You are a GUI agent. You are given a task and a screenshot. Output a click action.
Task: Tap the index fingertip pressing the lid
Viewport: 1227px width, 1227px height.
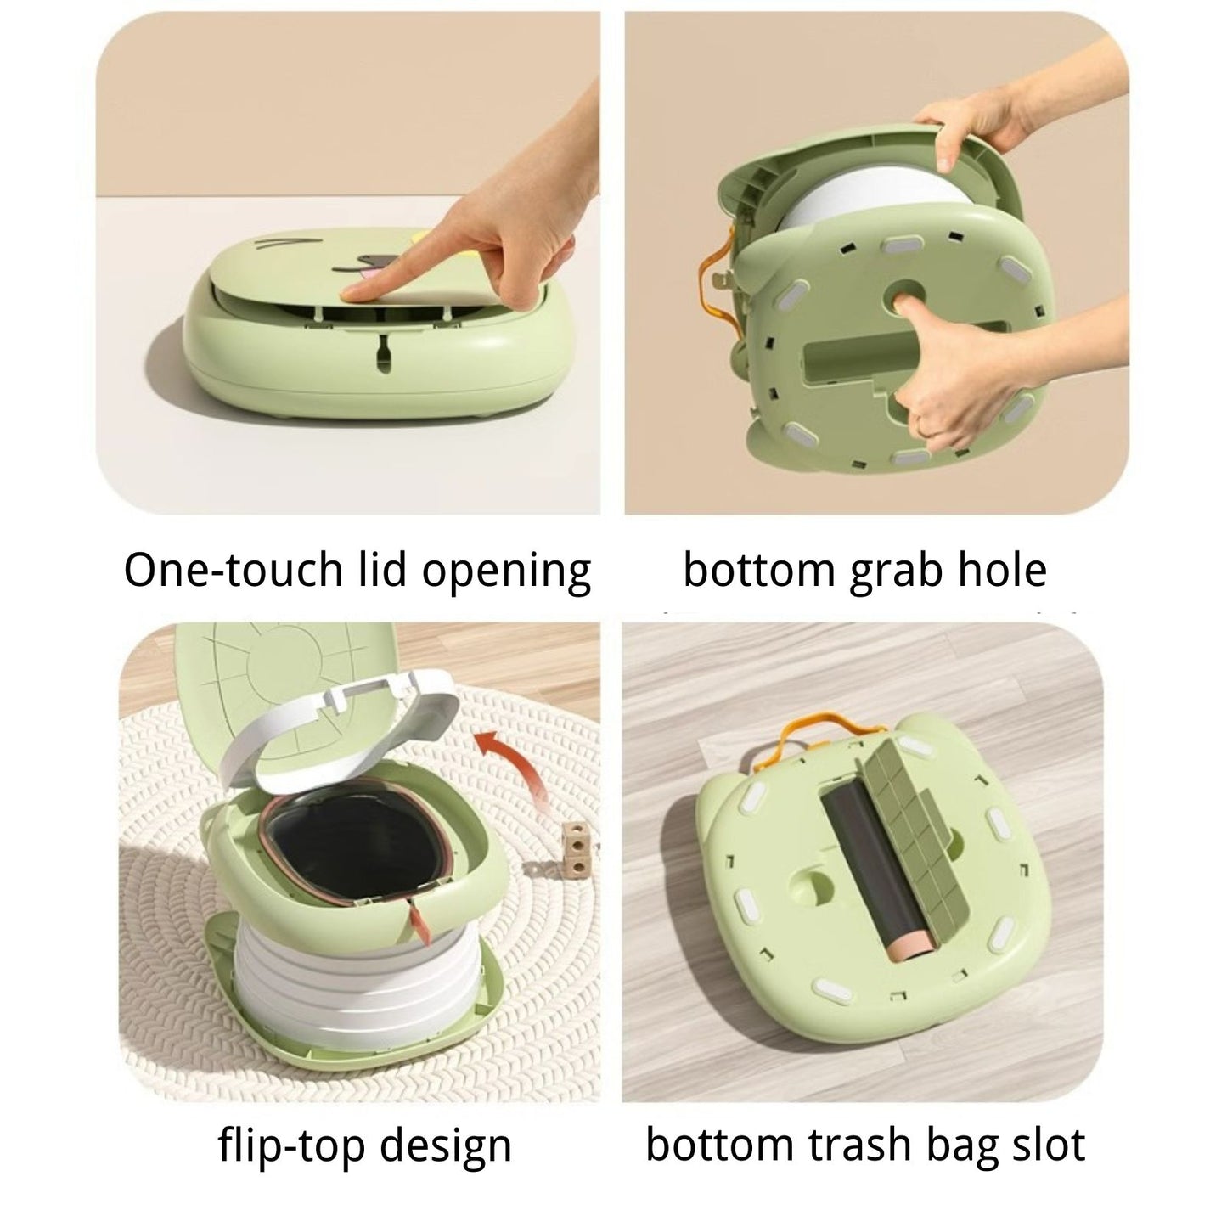pos(350,294)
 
